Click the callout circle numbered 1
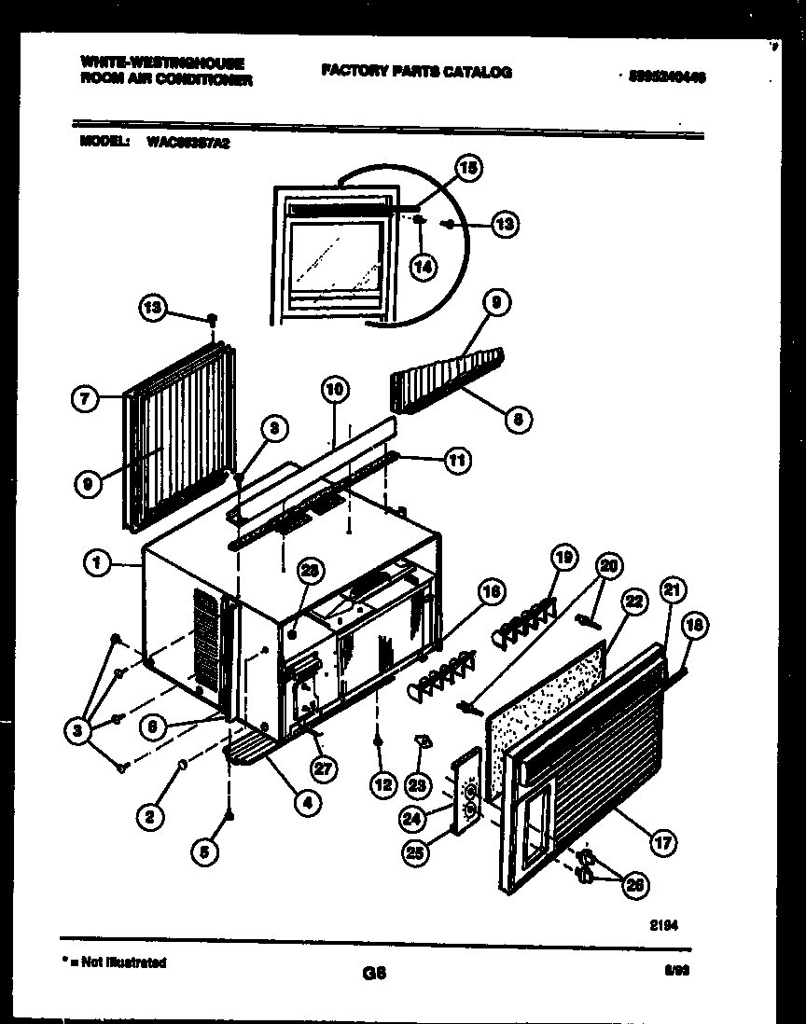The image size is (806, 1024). click(96, 562)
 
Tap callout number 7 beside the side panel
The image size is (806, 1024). click(85, 399)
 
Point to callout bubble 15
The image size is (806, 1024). click(468, 168)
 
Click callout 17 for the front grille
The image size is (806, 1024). click(661, 844)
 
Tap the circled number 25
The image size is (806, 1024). click(417, 850)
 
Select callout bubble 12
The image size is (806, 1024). click(382, 785)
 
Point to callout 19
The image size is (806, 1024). click(562, 560)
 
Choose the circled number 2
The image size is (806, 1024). click(146, 817)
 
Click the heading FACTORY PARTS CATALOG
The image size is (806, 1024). click(416, 72)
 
